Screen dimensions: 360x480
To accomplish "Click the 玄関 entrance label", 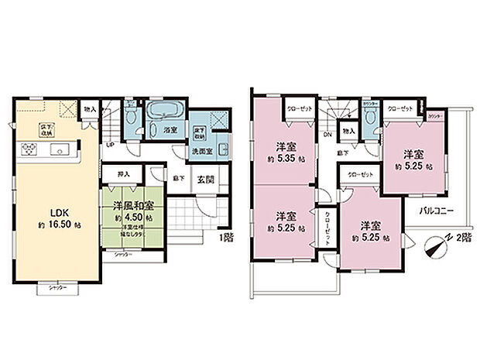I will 205,180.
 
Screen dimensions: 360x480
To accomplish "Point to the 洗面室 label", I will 204,152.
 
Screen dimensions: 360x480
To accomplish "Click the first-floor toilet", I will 132,118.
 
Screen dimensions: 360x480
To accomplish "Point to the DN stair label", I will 328,134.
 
